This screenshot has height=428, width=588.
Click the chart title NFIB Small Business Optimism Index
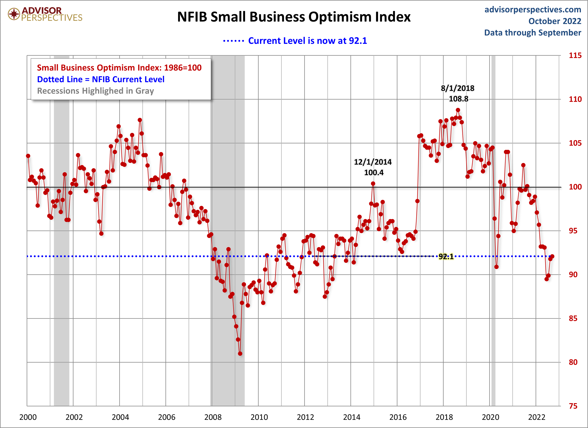tap(294, 17)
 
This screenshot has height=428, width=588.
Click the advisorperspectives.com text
tap(533, 10)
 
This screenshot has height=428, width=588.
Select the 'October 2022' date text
tap(555, 21)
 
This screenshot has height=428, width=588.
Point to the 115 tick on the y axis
tap(575, 55)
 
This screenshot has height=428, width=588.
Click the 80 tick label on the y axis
tap(573, 362)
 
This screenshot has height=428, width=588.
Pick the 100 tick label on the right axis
tap(575, 187)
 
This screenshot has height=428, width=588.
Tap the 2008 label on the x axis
tap(213, 417)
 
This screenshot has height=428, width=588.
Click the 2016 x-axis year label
tap(398, 417)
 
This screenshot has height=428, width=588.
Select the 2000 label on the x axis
tap(28, 417)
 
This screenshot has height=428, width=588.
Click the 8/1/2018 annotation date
tap(458, 88)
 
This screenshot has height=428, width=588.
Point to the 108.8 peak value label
tap(458, 99)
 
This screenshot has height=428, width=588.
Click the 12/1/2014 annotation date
tap(373, 162)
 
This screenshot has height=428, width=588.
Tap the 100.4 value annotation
tap(374, 173)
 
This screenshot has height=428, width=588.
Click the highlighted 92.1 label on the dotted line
tap(446, 257)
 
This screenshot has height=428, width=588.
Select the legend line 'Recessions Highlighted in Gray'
tap(95, 91)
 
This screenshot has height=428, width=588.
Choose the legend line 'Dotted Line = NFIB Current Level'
tap(101, 79)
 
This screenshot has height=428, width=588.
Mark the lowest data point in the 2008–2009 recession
tap(240, 353)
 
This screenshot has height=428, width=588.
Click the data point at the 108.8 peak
tap(458, 110)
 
